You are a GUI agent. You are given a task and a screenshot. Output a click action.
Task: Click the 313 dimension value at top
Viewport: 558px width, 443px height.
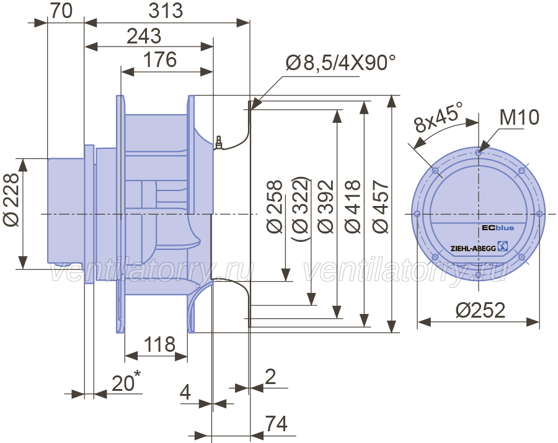(x=166, y=11)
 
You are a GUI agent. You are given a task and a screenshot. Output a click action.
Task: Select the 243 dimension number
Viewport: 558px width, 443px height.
(x=144, y=36)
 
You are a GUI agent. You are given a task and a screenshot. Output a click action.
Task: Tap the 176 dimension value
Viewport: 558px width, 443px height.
(x=160, y=60)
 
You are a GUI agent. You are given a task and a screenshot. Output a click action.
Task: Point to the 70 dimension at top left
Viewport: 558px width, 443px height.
(x=61, y=11)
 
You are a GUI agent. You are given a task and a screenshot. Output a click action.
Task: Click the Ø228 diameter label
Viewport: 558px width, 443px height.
(x=11, y=200)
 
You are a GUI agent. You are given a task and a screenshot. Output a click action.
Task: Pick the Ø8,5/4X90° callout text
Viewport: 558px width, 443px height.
(x=340, y=63)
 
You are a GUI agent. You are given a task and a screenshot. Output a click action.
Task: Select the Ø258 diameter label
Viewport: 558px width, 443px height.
(x=275, y=207)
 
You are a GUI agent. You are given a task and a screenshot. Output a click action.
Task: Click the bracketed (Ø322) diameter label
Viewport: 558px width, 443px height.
(x=301, y=209)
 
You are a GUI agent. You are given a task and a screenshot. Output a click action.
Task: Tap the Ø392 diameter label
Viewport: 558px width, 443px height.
(x=326, y=207)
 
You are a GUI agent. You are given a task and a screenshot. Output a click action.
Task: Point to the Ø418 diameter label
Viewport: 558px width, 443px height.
(x=353, y=207)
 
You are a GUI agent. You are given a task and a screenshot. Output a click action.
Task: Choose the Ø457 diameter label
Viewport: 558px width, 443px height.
(x=381, y=207)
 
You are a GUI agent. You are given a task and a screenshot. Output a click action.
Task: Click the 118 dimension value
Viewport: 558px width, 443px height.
(x=159, y=344)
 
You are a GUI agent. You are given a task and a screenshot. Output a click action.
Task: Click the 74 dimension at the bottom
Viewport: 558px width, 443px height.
(x=277, y=424)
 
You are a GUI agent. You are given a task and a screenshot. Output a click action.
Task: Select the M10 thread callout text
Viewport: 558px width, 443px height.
(x=519, y=117)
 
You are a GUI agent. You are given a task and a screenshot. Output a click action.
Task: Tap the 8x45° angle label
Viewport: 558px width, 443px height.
(x=438, y=117)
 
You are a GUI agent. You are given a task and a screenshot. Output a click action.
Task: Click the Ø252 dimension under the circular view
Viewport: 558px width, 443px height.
(x=480, y=310)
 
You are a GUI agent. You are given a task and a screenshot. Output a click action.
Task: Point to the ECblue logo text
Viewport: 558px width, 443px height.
(x=498, y=228)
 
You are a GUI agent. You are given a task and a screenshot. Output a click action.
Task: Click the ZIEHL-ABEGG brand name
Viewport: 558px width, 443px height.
(x=473, y=248)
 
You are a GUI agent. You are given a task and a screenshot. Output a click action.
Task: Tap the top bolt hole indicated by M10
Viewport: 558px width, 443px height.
(x=478, y=153)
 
